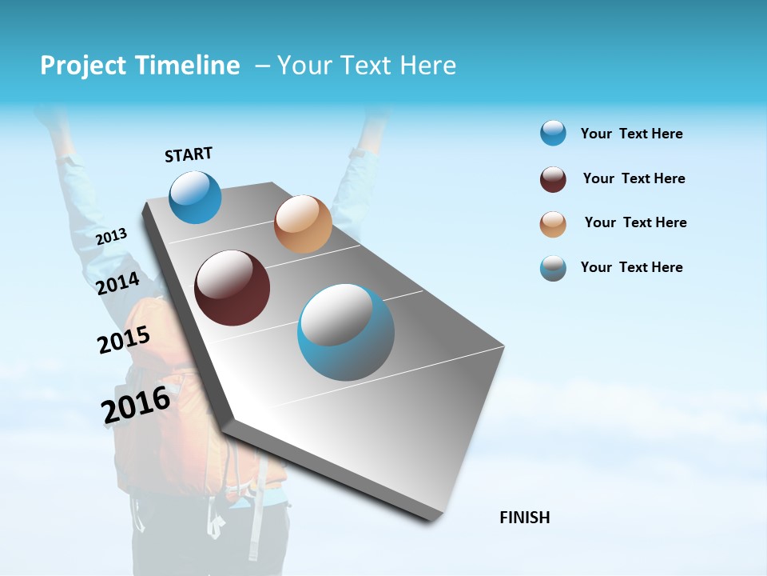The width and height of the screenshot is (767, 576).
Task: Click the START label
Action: pos(189,154)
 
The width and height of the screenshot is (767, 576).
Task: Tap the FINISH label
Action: pos(524,518)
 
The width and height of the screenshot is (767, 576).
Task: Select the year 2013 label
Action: pos(111,237)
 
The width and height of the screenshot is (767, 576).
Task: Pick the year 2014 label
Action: pos(117,283)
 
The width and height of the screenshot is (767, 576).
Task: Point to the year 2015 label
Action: pos(123,340)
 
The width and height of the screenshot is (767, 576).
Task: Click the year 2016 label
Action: pos(136,405)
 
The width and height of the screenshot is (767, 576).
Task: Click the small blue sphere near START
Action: pos(195,197)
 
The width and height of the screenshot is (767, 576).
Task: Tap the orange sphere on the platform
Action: pos(303,224)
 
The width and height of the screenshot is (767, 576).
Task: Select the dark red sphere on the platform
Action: pos(232,288)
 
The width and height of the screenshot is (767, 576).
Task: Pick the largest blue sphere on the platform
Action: pos(346,332)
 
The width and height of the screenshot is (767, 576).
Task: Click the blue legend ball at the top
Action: pos(553,133)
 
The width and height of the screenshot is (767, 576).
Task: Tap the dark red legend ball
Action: pos(553,179)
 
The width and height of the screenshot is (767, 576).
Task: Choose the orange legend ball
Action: pos(553,224)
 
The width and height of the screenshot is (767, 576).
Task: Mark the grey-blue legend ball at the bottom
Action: pos(553,268)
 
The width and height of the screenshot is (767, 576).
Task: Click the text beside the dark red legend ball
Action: pos(634,178)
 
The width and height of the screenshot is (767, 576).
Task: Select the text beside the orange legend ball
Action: pos(635,222)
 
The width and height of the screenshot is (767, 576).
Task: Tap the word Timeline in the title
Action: pos(188,66)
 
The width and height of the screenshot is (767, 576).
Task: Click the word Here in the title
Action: pos(428,66)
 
